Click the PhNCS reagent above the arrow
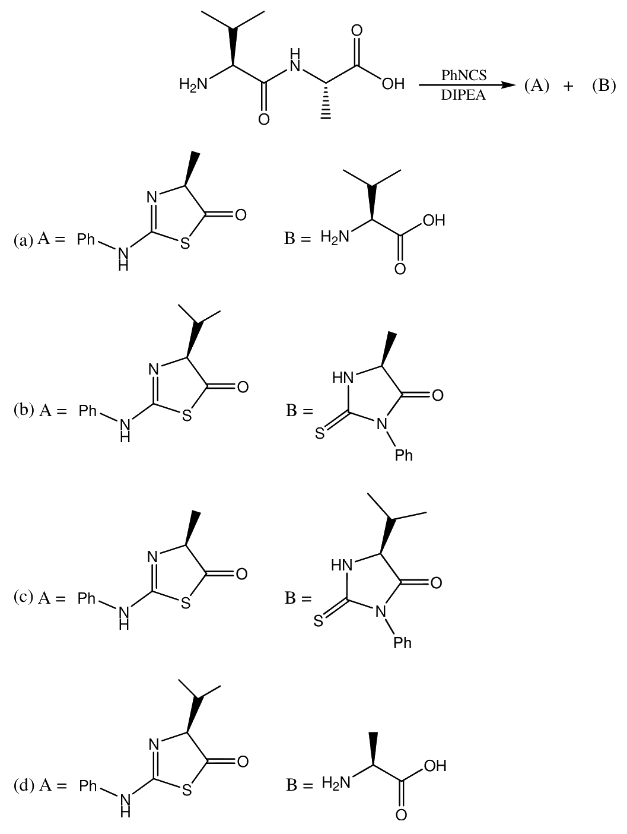click(463, 75)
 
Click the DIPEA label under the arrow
click(463, 95)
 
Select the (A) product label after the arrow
click(537, 86)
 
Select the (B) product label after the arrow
click(604, 86)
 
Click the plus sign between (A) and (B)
click(568, 87)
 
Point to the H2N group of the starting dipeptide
click(193, 84)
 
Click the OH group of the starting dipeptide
click(394, 84)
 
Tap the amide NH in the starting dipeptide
click(295, 61)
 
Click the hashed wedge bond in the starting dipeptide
click(326, 101)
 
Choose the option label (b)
click(24, 410)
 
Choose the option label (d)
click(24, 785)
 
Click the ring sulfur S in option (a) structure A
click(185, 243)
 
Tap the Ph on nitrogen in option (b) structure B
click(403, 455)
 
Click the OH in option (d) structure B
click(435, 766)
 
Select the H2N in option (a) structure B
click(335, 237)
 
